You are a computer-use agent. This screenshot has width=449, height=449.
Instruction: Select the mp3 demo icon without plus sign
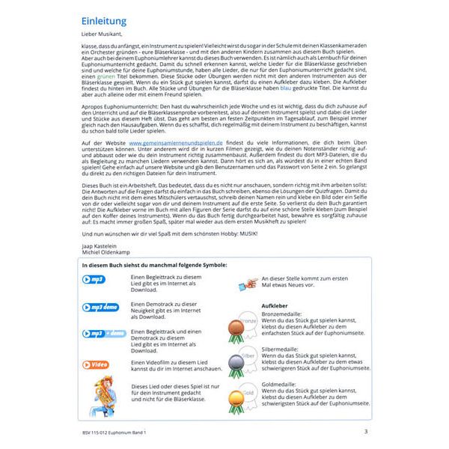tap(102, 308)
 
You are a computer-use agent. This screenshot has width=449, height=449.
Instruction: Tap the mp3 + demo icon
tap(103, 334)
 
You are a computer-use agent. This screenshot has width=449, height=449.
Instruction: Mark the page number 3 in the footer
tap(365, 431)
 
